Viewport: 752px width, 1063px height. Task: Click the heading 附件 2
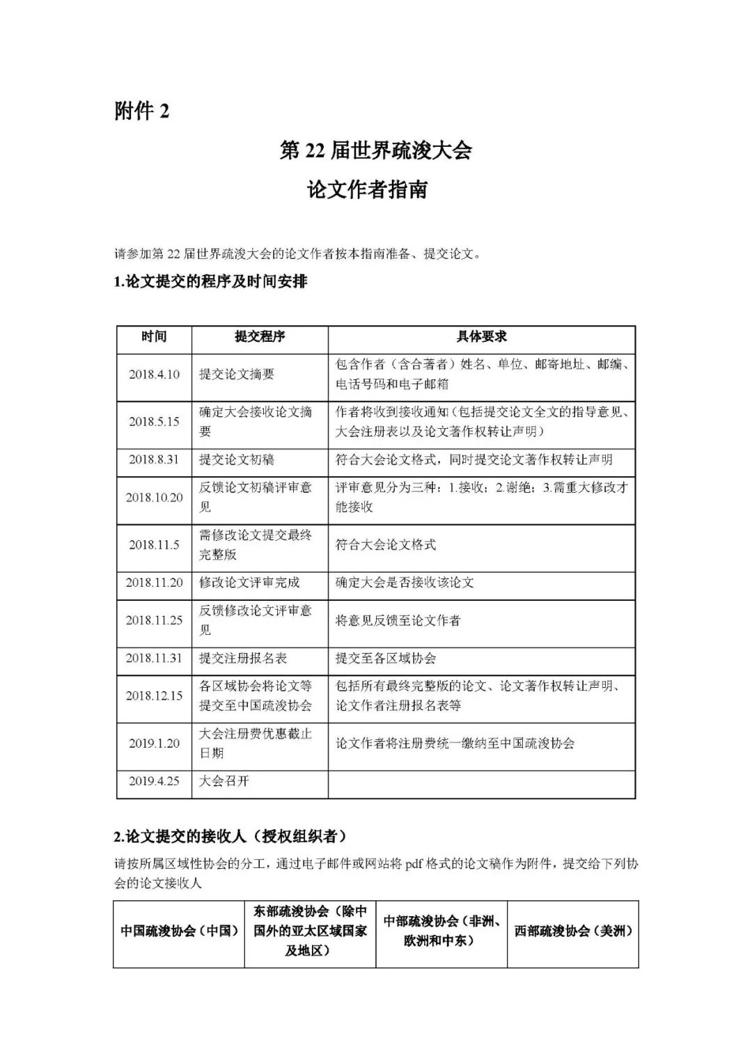(x=142, y=111)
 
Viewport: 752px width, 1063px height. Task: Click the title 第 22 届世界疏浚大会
(x=375, y=150)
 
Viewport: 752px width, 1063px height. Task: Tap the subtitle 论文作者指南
(x=367, y=190)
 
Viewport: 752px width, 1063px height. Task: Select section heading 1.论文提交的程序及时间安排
(x=210, y=282)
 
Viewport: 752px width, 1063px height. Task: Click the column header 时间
(x=154, y=337)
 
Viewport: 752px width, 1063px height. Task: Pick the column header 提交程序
(x=260, y=337)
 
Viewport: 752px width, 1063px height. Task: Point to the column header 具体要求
(x=481, y=337)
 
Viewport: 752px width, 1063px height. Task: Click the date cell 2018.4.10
(x=154, y=375)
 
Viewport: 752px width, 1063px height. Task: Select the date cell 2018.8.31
(x=154, y=459)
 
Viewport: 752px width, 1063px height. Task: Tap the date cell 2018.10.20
(x=154, y=498)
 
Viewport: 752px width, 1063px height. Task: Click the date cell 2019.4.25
(x=154, y=781)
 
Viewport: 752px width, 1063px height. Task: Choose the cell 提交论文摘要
(x=237, y=375)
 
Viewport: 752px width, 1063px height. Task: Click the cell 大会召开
(x=224, y=781)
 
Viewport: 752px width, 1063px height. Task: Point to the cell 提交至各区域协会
(x=386, y=658)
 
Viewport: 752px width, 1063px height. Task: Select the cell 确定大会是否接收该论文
(x=405, y=583)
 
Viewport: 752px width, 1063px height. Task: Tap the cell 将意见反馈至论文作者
(x=398, y=620)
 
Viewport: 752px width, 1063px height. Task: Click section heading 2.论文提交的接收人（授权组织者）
(x=230, y=836)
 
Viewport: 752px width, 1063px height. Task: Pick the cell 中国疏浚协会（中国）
(x=179, y=931)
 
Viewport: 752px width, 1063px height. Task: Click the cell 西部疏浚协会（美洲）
(x=573, y=931)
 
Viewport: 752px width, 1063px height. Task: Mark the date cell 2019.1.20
(x=154, y=743)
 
